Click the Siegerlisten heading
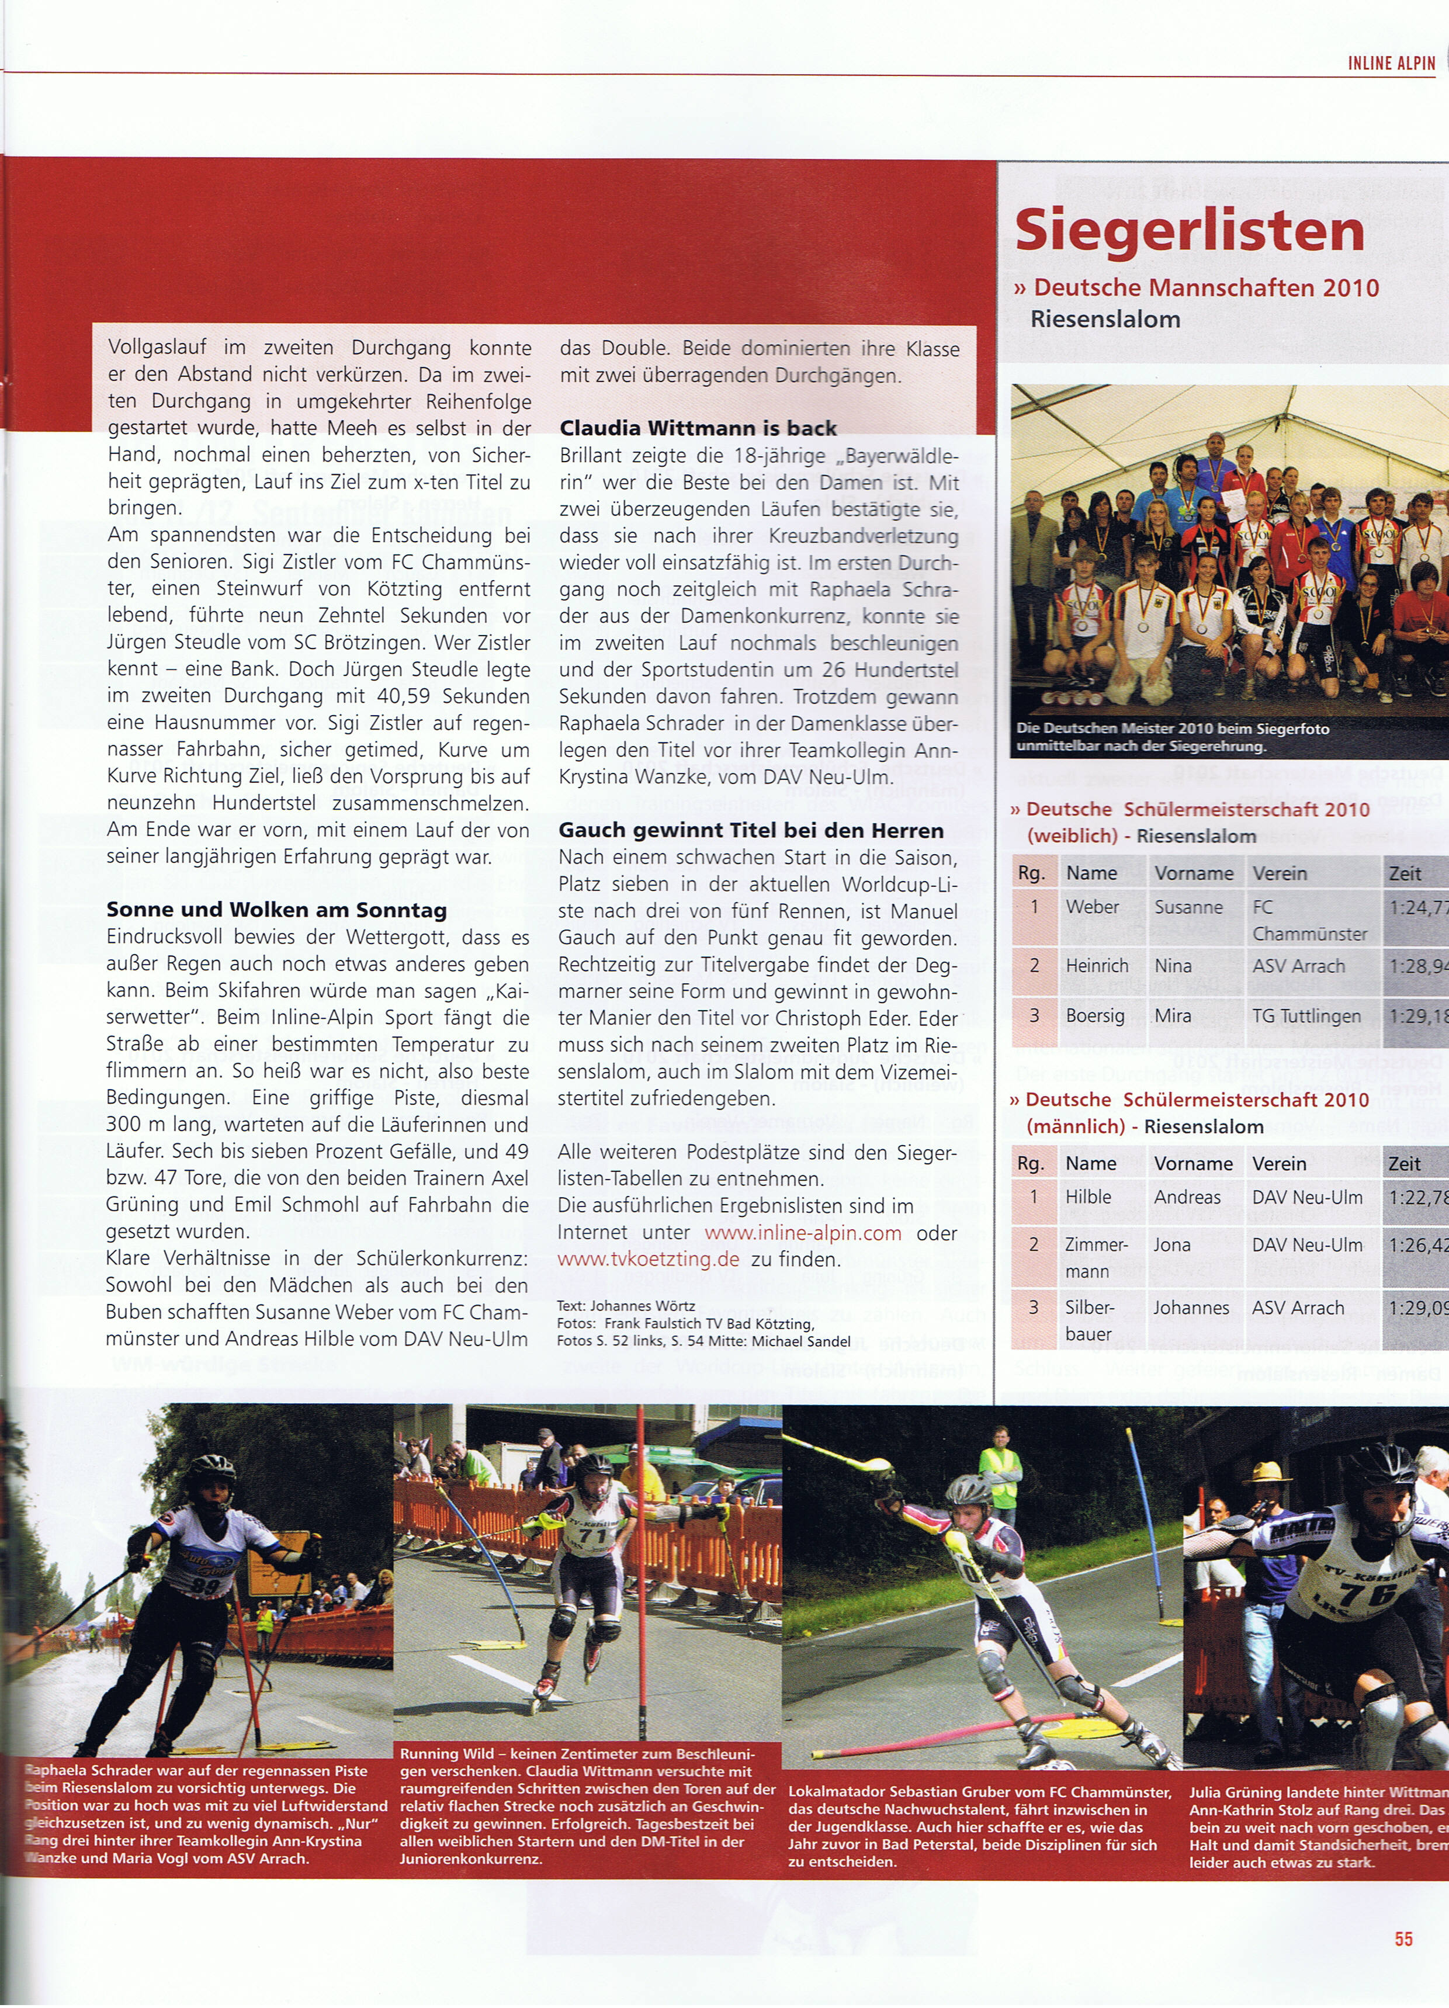1190,231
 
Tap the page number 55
1403,1938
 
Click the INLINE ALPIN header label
1391,63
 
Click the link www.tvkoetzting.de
647,1260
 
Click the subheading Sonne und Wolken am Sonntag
276,910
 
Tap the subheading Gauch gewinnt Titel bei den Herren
750,830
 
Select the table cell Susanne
1188,907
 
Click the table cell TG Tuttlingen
1306,1015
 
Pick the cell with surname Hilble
1089,1197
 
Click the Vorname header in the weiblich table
1193,873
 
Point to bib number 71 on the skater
592,1536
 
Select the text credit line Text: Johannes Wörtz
625,1306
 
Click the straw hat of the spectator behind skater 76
1267,1472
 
